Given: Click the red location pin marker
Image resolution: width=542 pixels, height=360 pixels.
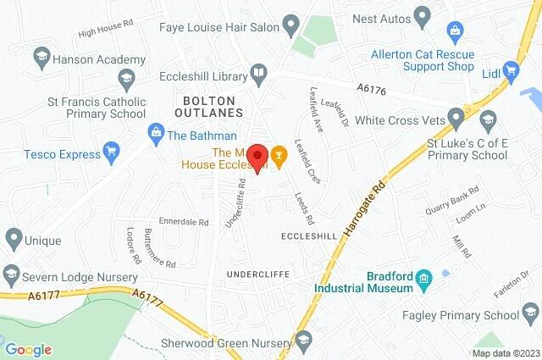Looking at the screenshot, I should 260,157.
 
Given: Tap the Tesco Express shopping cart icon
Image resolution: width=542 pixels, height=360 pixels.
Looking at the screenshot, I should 110,152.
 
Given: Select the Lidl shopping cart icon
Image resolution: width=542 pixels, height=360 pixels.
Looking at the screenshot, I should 512,70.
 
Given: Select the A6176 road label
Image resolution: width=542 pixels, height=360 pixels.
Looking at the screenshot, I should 370,86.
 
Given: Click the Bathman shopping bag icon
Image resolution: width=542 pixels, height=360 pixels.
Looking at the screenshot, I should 156,131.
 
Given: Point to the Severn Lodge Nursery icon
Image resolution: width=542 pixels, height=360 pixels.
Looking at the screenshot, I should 12,277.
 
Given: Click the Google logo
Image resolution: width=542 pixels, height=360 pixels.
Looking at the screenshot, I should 28,349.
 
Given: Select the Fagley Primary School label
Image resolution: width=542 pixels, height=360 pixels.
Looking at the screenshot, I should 471,316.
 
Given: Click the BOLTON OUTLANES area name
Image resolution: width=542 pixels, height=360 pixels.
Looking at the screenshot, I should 207,106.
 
